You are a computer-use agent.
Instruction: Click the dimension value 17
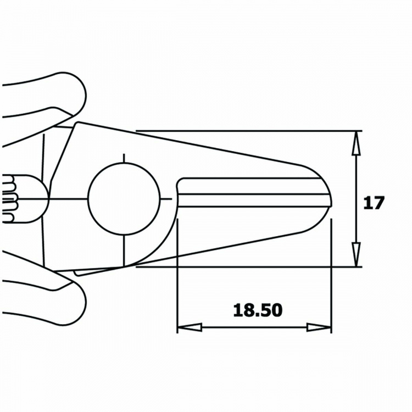(375, 203)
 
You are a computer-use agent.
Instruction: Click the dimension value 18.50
(258, 310)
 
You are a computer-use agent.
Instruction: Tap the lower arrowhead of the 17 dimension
(357, 254)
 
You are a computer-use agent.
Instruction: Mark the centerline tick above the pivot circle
(124, 159)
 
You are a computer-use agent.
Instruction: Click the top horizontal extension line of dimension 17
(247, 131)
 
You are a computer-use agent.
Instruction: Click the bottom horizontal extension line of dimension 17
(247, 267)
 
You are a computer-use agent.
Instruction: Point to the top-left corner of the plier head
(76, 123)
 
